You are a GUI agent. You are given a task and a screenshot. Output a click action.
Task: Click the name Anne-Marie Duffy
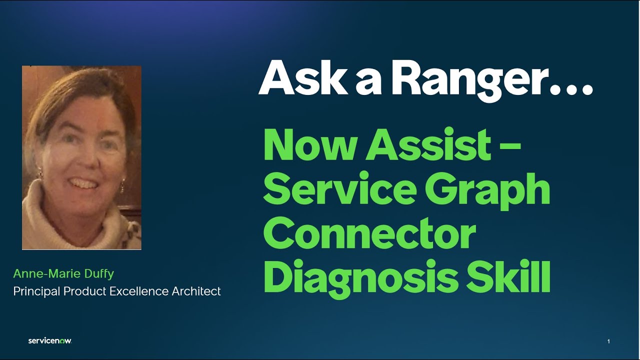point(63,274)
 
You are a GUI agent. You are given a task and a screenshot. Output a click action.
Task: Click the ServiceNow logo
point(50,341)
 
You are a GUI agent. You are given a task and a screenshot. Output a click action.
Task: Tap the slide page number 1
point(608,341)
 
